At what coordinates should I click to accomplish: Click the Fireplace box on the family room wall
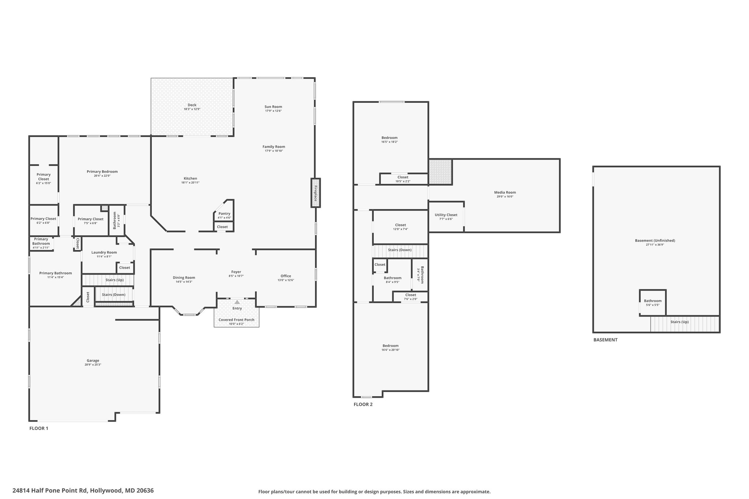click(x=315, y=193)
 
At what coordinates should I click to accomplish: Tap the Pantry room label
click(x=225, y=213)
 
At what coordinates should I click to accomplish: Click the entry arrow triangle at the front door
click(x=237, y=302)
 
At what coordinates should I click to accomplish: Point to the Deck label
click(x=192, y=105)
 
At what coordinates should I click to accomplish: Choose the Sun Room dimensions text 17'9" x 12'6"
click(x=274, y=111)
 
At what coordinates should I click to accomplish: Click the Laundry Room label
click(x=104, y=252)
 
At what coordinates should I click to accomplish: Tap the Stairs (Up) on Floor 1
click(x=108, y=280)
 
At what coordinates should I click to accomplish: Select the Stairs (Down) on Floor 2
click(x=400, y=250)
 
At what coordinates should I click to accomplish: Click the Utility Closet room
click(x=446, y=217)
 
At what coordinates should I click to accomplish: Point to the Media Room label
click(x=505, y=192)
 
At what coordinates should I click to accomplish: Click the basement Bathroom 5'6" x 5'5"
click(x=653, y=303)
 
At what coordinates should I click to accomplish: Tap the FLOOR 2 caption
click(x=363, y=404)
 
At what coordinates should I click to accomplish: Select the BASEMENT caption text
click(x=605, y=340)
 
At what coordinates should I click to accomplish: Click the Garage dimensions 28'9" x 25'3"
click(x=93, y=364)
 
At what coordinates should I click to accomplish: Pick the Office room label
click(x=286, y=276)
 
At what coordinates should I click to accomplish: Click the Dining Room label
click(x=184, y=277)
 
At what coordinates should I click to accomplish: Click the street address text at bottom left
click(x=83, y=491)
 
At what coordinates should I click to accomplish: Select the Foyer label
click(x=236, y=272)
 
